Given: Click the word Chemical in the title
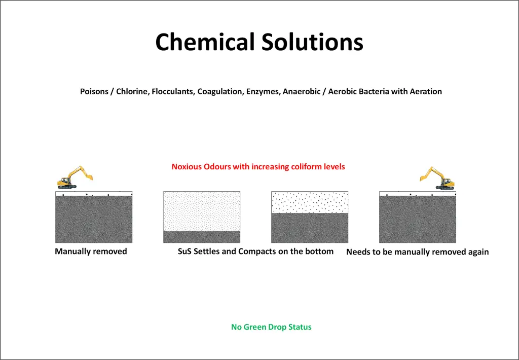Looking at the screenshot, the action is tap(205, 42).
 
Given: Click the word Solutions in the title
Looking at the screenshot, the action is tap(312, 42).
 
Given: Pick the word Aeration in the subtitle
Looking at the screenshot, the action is tap(426, 91).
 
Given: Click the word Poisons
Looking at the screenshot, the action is tap(94, 91).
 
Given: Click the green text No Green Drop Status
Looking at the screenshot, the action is tap(271, 327).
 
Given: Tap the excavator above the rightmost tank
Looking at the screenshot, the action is tap(437, 178).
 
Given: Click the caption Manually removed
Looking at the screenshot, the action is tap(91, 251).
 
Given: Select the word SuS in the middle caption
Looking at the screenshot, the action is tap(184, 251).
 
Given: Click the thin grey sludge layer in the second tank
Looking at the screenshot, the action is tap(202, 237).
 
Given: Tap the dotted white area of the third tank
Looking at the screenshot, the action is tap(310, 202).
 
